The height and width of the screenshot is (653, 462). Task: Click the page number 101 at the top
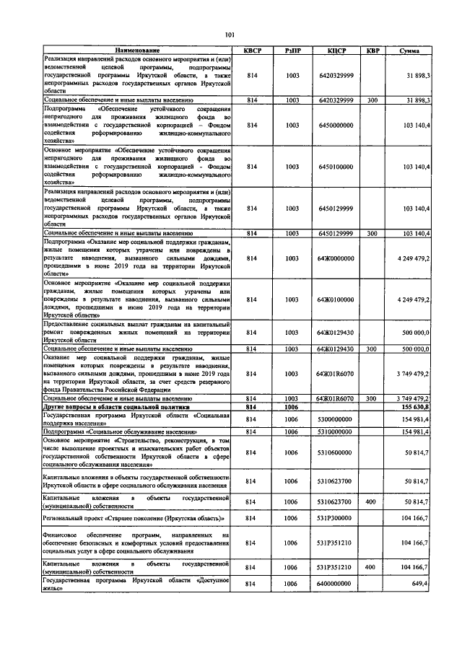pyautogui.click(x=230, y=34)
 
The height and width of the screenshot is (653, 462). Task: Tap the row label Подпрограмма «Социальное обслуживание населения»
pyautogui.click(x=120, y=431)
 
